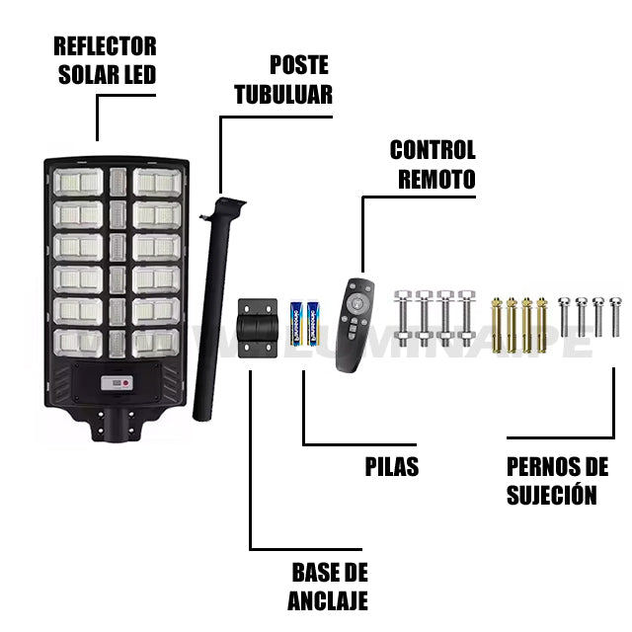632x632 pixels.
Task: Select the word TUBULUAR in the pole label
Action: click(x=283, y=94)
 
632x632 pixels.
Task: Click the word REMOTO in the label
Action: click(x=436, y=179)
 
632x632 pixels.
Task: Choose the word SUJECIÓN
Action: click(x=552, y=495)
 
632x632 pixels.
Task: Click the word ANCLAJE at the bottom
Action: click(x=328, y=599)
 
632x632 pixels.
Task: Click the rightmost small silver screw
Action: click(x=616, y=315)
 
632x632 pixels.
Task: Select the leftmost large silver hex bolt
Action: click(x=402, y=321)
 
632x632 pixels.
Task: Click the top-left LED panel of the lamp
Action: click(x=78, y=183)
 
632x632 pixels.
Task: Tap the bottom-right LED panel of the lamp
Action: click(x=156, y=341)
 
